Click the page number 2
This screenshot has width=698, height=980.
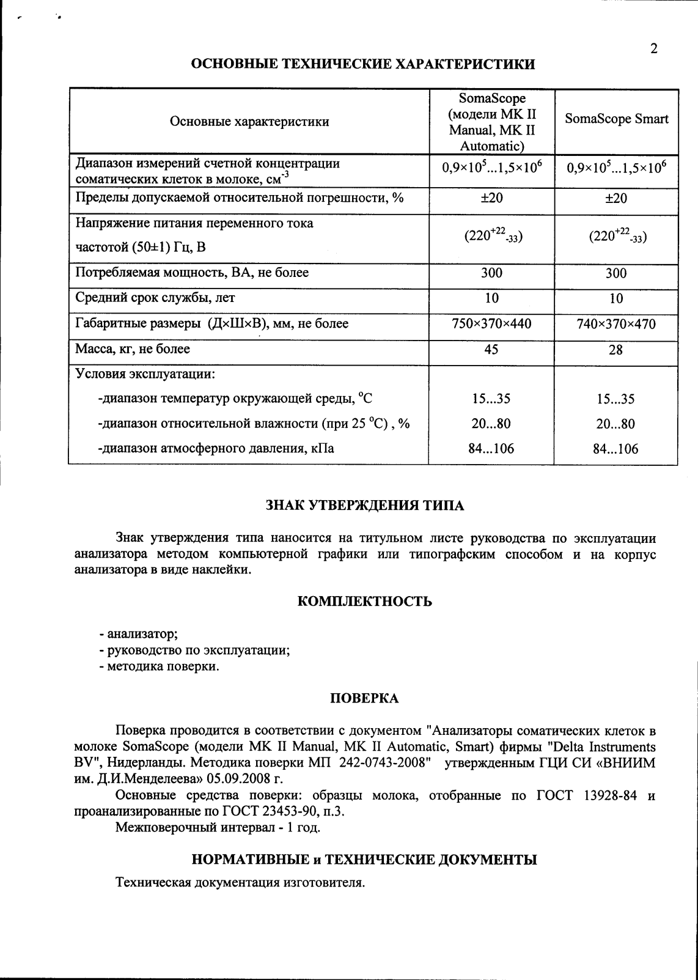pyautogui.click(x=654, y=49)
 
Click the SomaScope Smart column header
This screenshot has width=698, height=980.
pyautogui.click(x=616, y=119)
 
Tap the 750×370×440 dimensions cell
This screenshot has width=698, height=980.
pyautogui.click(x=491, y=324)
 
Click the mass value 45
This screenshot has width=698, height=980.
pyautogui.click(x=491, y=349)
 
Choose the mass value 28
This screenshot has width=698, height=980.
pyautogui.click(x=616, y=350)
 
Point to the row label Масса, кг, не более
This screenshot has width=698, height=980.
pyautogui.click(x=133, y=349)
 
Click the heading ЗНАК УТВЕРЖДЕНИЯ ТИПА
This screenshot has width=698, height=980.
pyautogui.click(x=365, y=506)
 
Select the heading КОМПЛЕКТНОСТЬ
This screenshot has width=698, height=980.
pyautogui.click(x=365, y=602)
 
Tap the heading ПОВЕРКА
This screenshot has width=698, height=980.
pyautogui.click(x=364, y=698)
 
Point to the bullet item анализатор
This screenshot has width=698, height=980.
pyautogui.click(x=142, y=634)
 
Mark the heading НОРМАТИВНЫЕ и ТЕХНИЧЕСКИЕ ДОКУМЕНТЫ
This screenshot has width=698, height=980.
pyautogui.click(x=364, y=860)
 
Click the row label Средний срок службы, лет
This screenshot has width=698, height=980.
pyautogui.click(x=155, y=298)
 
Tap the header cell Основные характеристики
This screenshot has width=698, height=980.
pyautogui.click(x=249, y=122)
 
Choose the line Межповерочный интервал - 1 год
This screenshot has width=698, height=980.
pyautogui.click(x=218, y=828)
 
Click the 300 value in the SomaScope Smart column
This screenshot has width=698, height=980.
pyautogui.click(x=616, y=273)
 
